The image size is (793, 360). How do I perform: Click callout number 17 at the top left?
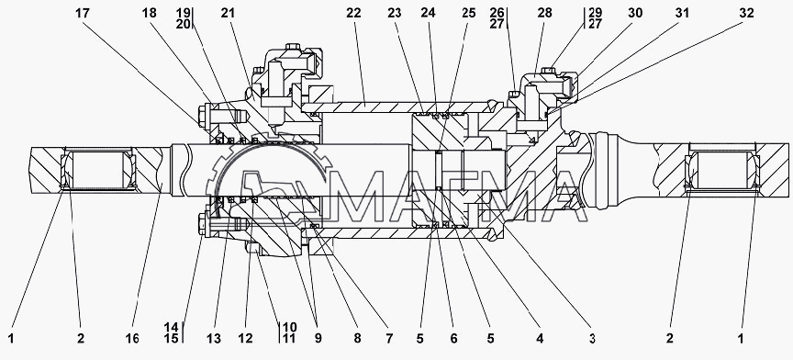coord(82,14)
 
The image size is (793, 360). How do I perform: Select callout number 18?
coord(150,14)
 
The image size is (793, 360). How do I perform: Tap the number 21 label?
coord(229,14)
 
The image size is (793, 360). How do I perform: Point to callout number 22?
coord(354,14)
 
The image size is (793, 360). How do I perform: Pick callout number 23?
coord(395,14)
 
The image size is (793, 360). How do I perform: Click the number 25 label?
coord(468,14)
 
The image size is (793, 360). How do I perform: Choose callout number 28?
coord(544,14)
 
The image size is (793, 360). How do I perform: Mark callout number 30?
coord(635,14)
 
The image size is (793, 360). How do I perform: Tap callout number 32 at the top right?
coord(746,14)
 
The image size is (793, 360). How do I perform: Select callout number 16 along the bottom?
coord(132,338)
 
